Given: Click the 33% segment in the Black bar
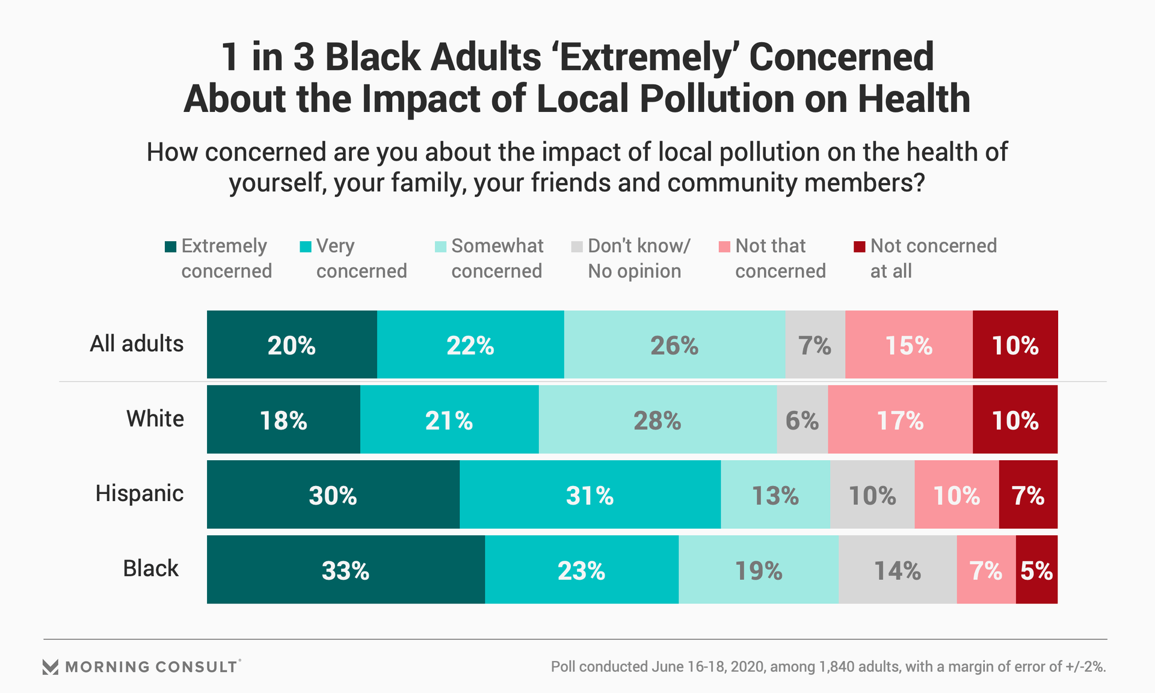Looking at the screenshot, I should pos(345,570).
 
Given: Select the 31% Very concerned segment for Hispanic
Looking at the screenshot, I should pos(590,495).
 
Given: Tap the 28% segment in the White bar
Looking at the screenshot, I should pos(657,420).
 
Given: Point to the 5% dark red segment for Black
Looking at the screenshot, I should pos(1036,570).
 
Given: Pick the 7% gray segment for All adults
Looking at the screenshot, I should pos(815,345).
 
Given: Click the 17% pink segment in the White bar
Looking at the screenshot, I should pos(900,420).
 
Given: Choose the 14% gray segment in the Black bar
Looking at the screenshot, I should pos(897,570).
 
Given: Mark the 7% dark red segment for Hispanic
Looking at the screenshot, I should pos(1028,495).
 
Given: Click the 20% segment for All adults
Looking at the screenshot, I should pos(292,345).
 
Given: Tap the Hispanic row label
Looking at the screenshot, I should pos(140,493).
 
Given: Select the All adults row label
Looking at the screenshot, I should pos(137,343).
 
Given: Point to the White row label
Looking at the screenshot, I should pos(155,419).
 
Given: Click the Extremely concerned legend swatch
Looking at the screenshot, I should pos(170,247).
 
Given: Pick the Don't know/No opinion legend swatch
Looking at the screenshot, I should pos(577,247).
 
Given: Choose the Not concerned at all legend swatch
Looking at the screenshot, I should pos(860,247).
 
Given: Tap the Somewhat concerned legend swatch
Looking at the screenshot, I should pos(440,247).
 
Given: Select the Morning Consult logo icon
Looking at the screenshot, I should pos(51,667).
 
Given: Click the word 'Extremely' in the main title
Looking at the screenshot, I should pos(645,57).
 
